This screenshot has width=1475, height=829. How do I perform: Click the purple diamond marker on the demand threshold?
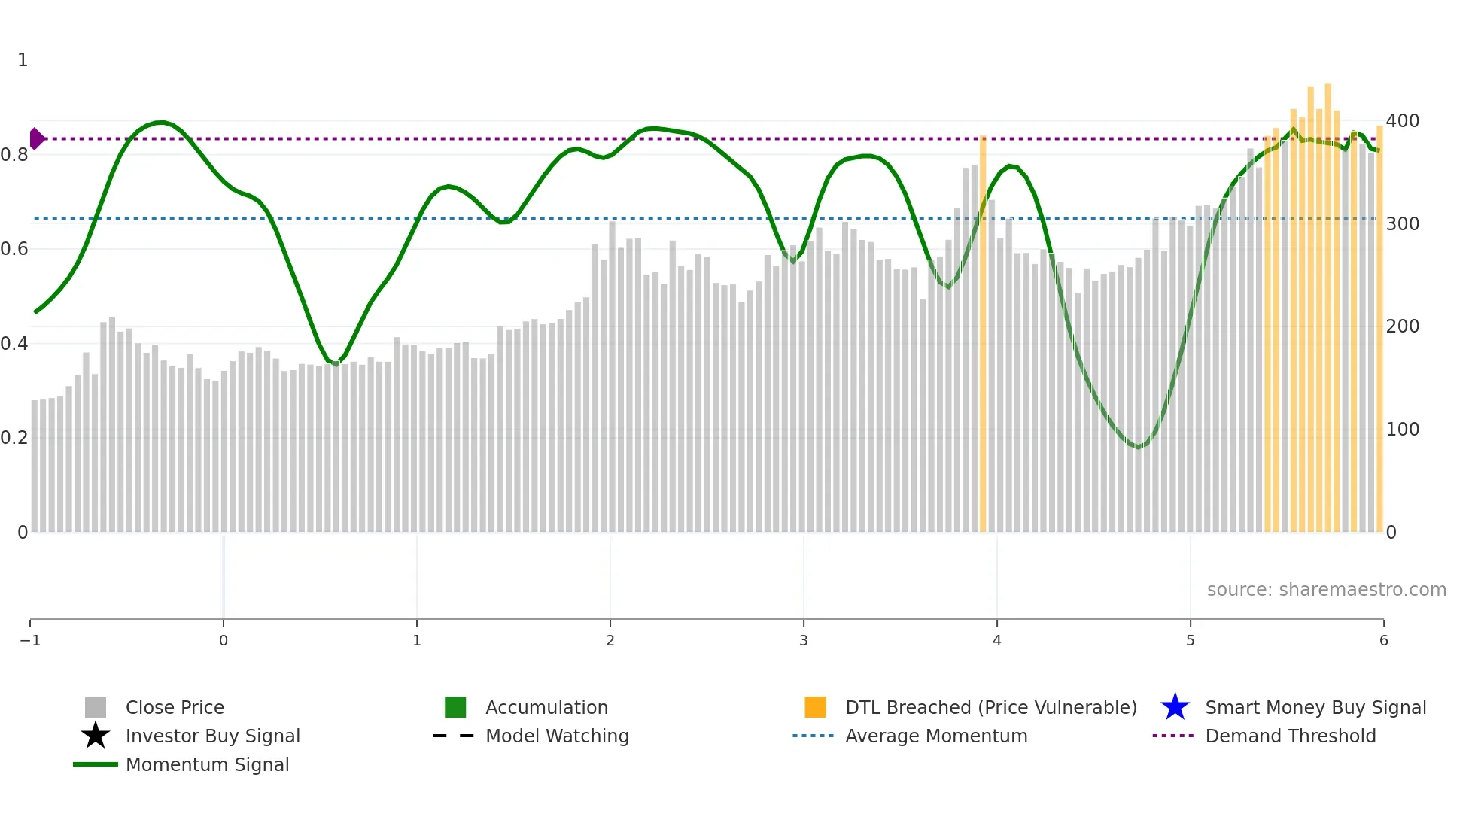36,139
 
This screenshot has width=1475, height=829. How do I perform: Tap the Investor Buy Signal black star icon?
96,736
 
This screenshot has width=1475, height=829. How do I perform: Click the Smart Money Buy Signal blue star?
1175,707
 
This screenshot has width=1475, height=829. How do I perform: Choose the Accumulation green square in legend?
455,707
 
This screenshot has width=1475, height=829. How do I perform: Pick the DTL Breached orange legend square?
815,707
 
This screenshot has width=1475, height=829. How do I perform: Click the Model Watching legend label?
557,736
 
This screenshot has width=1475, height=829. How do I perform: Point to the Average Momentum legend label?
936,736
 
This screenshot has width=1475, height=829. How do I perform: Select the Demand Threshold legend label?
1290,736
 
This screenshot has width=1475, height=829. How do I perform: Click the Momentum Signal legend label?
207,764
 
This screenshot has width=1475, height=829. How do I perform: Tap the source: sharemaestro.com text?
1326,590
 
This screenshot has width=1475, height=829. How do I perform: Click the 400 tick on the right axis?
1402,121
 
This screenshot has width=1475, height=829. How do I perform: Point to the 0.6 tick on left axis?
14,249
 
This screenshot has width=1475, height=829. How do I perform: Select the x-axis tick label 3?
804,640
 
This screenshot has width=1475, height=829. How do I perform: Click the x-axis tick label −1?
30,640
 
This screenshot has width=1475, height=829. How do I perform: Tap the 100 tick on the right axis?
1402,430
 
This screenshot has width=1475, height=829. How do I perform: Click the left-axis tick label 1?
23,60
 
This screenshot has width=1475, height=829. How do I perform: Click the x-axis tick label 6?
1383,640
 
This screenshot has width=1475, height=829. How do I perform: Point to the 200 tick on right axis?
1402,326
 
